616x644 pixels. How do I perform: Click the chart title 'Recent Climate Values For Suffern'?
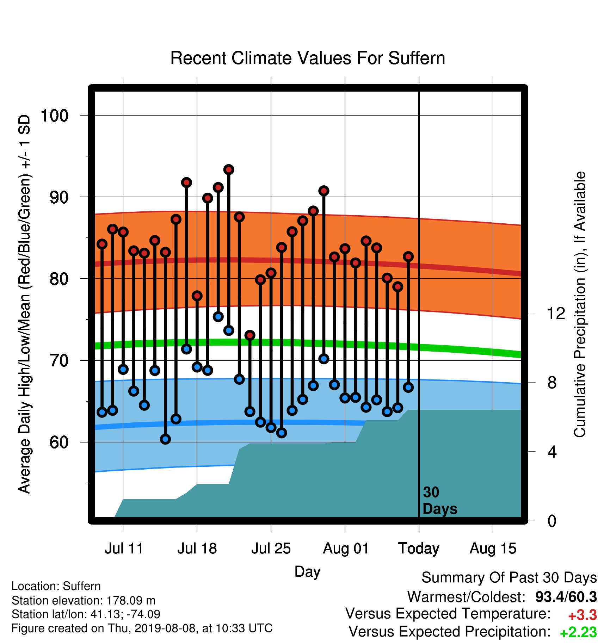308,58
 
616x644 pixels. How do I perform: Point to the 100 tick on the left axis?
55,116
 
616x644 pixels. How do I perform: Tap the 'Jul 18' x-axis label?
197,549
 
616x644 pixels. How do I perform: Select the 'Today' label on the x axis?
419,549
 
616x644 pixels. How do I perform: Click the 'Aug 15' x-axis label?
493,549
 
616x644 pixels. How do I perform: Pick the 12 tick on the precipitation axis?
556,313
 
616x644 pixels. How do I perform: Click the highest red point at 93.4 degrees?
229,170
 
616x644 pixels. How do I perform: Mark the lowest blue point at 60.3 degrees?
165,439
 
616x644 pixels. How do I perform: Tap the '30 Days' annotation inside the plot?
440,501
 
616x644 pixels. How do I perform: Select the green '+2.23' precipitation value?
578,632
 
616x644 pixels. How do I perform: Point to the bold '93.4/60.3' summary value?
566,597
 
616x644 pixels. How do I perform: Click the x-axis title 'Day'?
307,572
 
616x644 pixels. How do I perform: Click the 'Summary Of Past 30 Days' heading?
509,578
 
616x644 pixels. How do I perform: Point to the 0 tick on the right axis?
552,521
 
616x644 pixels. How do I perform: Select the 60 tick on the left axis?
59,442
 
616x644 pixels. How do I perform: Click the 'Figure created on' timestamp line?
142,628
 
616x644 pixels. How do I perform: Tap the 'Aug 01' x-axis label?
346,549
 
